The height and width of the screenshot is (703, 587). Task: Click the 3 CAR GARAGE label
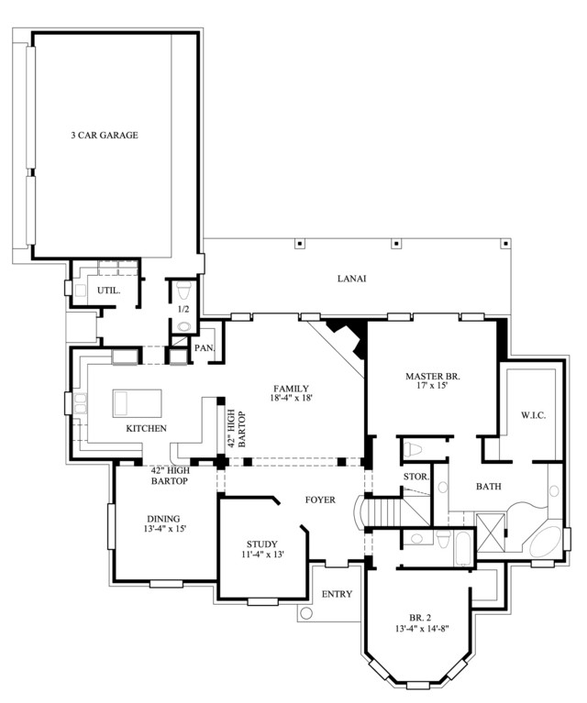click(x=105, y=135)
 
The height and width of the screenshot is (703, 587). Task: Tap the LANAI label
click(x=352, y=279)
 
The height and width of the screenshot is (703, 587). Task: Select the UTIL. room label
click(x=109, y=291)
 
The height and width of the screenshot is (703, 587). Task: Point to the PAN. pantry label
click(x=205, y=348)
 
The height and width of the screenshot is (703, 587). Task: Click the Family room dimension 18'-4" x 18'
click(x=292, y=397)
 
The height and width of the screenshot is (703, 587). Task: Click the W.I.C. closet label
click(x=534, y=415)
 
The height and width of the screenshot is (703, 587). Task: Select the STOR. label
click(x=416, y=477)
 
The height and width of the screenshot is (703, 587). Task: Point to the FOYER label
click(x=320, y=500)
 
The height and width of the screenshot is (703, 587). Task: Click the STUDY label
click(x=262, y=544)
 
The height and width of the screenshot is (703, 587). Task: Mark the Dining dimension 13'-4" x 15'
click(x=165, y=529)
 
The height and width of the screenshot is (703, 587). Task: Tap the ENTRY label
click(x=337, y=594)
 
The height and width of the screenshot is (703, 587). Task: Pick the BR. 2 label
click(x=420, y=617)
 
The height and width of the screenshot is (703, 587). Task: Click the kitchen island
click(x=138, y=403)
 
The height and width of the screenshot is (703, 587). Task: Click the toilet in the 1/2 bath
click(x=184, y=291)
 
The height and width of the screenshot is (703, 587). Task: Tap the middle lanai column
click(x=396, y=244)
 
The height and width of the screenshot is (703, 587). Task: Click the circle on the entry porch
click(x=306, y=613)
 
